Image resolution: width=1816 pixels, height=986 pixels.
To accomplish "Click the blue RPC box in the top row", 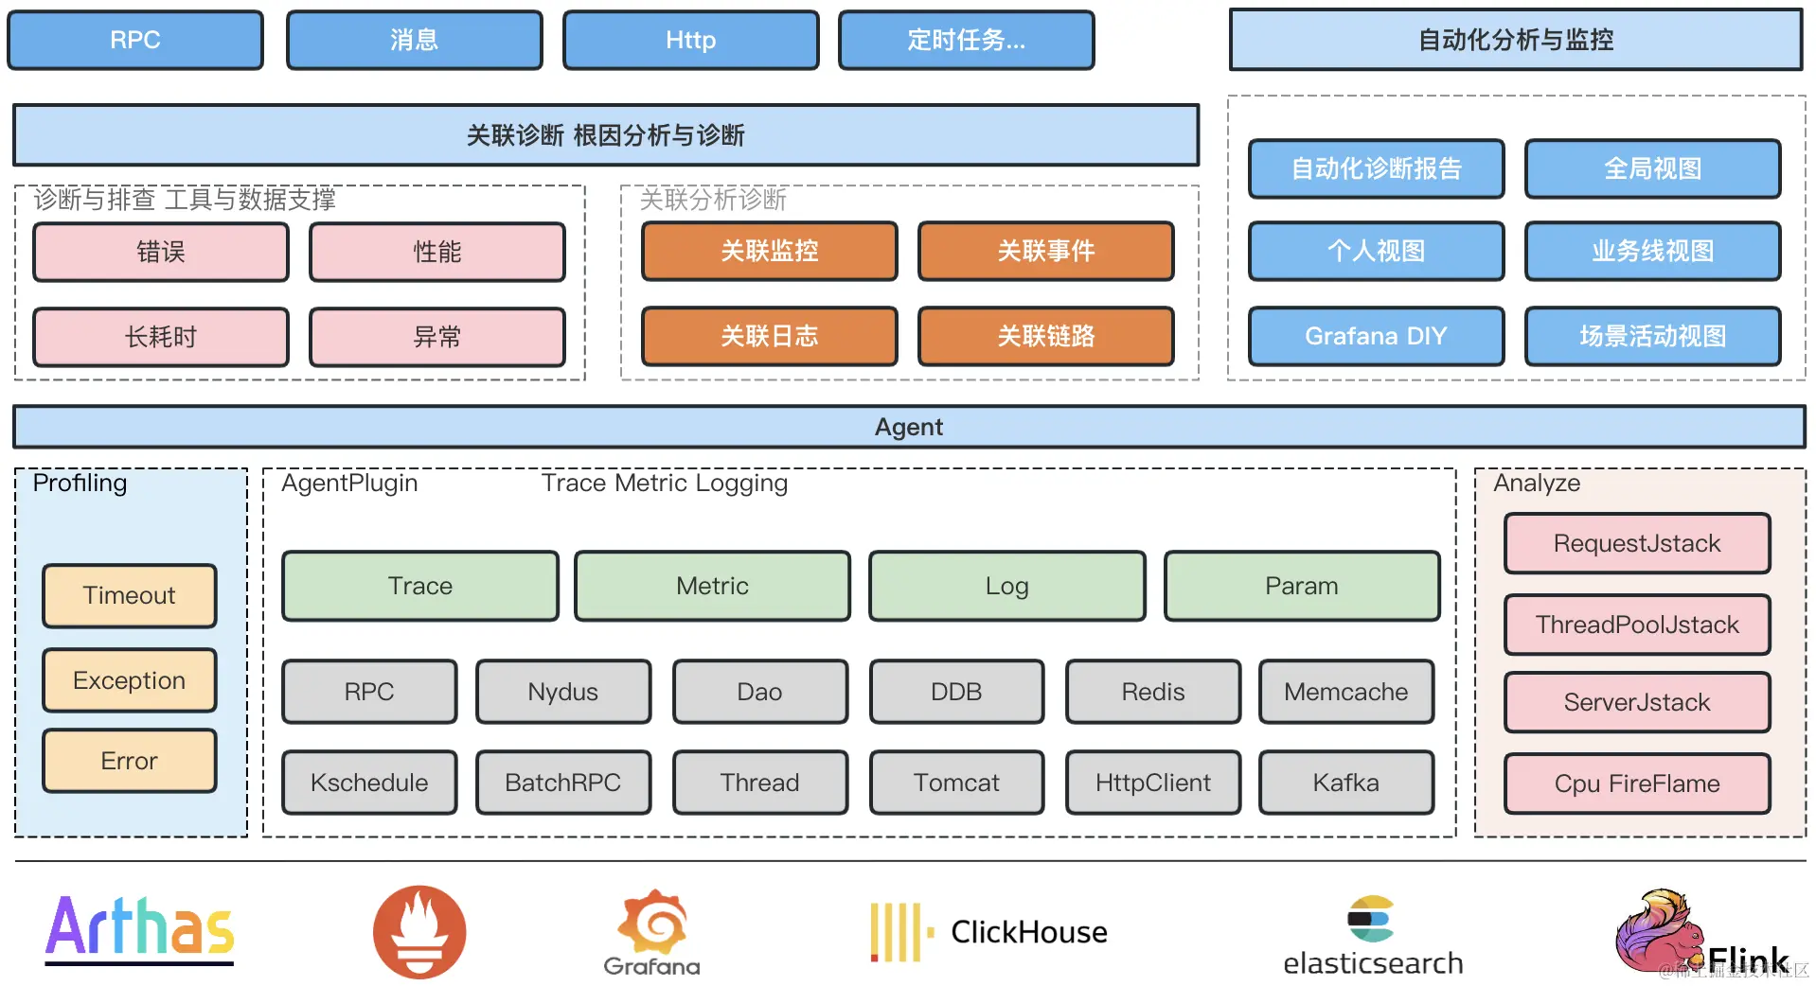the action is (x=135, y=40).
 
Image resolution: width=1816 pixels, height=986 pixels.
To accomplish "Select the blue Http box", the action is (x=690, y=40).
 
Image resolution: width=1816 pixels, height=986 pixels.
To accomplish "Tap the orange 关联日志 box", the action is (x=769, y=336).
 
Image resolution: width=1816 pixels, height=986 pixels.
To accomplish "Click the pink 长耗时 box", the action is (x=161, y=337).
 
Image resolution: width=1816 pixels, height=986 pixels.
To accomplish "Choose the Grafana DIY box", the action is (x=1376, y=336).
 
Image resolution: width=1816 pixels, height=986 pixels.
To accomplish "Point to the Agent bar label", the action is (x=909, y=427).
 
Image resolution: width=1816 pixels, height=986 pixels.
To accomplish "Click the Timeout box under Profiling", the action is (x=130, y=595).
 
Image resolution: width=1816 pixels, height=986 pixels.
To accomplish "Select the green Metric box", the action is (x=712, y=586).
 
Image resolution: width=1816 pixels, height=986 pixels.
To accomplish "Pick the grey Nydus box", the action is (x=563, y=692).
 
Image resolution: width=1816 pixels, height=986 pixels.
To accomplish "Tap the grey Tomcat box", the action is (x=956, y=783).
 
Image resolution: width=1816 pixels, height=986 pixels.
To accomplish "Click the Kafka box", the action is (x=1345, y=783).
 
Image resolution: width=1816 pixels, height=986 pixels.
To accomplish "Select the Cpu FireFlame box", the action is (x=1637, y=784).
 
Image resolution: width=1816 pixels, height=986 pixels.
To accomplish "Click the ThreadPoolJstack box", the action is (x=1637, y=625).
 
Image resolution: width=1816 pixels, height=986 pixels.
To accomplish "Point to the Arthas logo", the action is (x=140, y=930).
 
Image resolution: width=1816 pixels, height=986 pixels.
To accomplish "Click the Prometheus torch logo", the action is (x=419, y=932).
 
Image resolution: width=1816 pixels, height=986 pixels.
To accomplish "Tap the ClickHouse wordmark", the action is (x=1029, y=932).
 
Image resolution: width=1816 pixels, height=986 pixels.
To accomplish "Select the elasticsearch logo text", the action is (x=1373, y=963).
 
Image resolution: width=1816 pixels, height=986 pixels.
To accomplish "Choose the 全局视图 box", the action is (x=1652, y=168).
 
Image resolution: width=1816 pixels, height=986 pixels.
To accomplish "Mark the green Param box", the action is (x=1302, y=586).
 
